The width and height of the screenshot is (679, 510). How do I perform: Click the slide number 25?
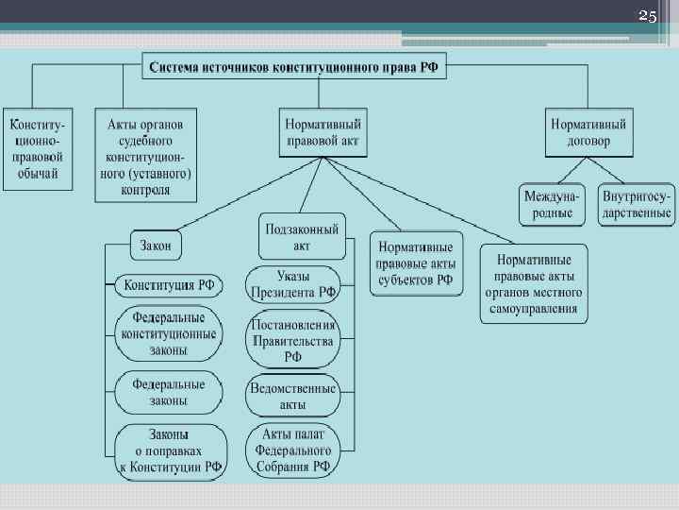coord(647,16)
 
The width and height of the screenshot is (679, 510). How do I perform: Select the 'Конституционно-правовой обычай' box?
coord(37,148)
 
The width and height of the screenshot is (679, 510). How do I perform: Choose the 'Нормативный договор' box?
coord(589,132)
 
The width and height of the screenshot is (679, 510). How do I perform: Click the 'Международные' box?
coord(554,205)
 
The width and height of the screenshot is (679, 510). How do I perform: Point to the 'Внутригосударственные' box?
coord(638,205)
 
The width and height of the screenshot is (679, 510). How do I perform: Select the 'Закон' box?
coord(157,246)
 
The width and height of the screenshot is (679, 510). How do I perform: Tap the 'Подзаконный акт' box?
coord(302,236)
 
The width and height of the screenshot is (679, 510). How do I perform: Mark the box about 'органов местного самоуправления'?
coord(533,284)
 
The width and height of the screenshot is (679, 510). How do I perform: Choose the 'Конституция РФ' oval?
coord(170,284)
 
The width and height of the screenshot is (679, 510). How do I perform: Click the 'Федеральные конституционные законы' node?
coord(169,334)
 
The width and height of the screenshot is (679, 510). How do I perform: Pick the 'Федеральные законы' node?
coord(169,393)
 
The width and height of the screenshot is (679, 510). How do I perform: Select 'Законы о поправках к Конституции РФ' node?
coord(171,450)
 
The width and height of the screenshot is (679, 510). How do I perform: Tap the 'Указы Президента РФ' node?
coord(294,284)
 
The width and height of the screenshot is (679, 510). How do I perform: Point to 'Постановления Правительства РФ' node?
coord(293,341)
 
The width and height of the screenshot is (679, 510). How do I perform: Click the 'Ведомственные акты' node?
coord(293,396)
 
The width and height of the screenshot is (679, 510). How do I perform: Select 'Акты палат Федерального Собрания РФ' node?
coord(293,450)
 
